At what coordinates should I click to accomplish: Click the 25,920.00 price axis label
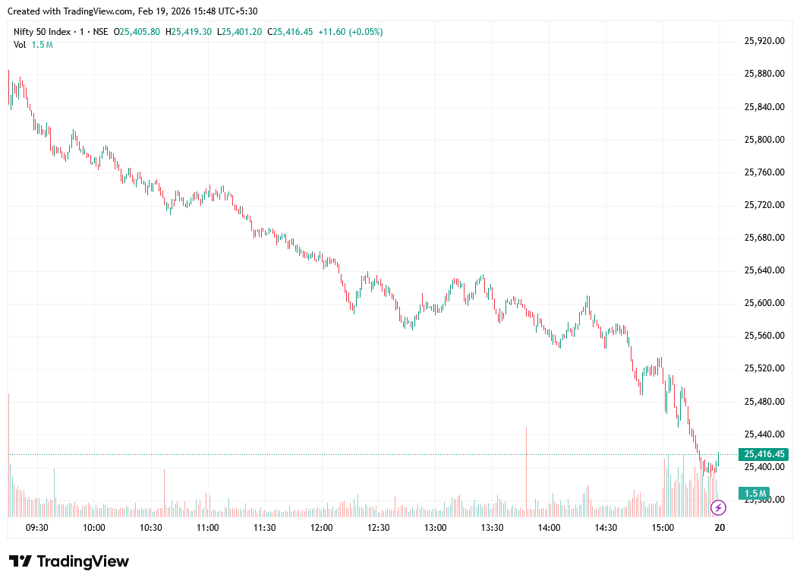pos(764,41)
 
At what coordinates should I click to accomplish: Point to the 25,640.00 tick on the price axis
pos(764,270)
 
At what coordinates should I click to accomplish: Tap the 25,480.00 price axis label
pos(764,401)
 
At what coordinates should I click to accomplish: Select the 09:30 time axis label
pos(37,528)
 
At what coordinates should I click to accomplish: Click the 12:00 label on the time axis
pos(322,528)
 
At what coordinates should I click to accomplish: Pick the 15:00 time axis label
pos(663,528)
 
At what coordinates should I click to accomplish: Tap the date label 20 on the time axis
pos(720,528)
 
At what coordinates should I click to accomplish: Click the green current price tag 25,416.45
pos(765,454)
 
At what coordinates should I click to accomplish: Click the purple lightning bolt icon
pos(718,507)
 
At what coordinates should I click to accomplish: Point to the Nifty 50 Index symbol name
pos(43,32)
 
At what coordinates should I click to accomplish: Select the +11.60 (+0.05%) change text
pos(350,32)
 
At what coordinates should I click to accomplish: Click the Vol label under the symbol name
pos(20,45)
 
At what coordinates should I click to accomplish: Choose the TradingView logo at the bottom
pos(69,561)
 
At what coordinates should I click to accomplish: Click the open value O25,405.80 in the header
pos(137,32)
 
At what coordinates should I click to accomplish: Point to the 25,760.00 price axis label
pos(764,172)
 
